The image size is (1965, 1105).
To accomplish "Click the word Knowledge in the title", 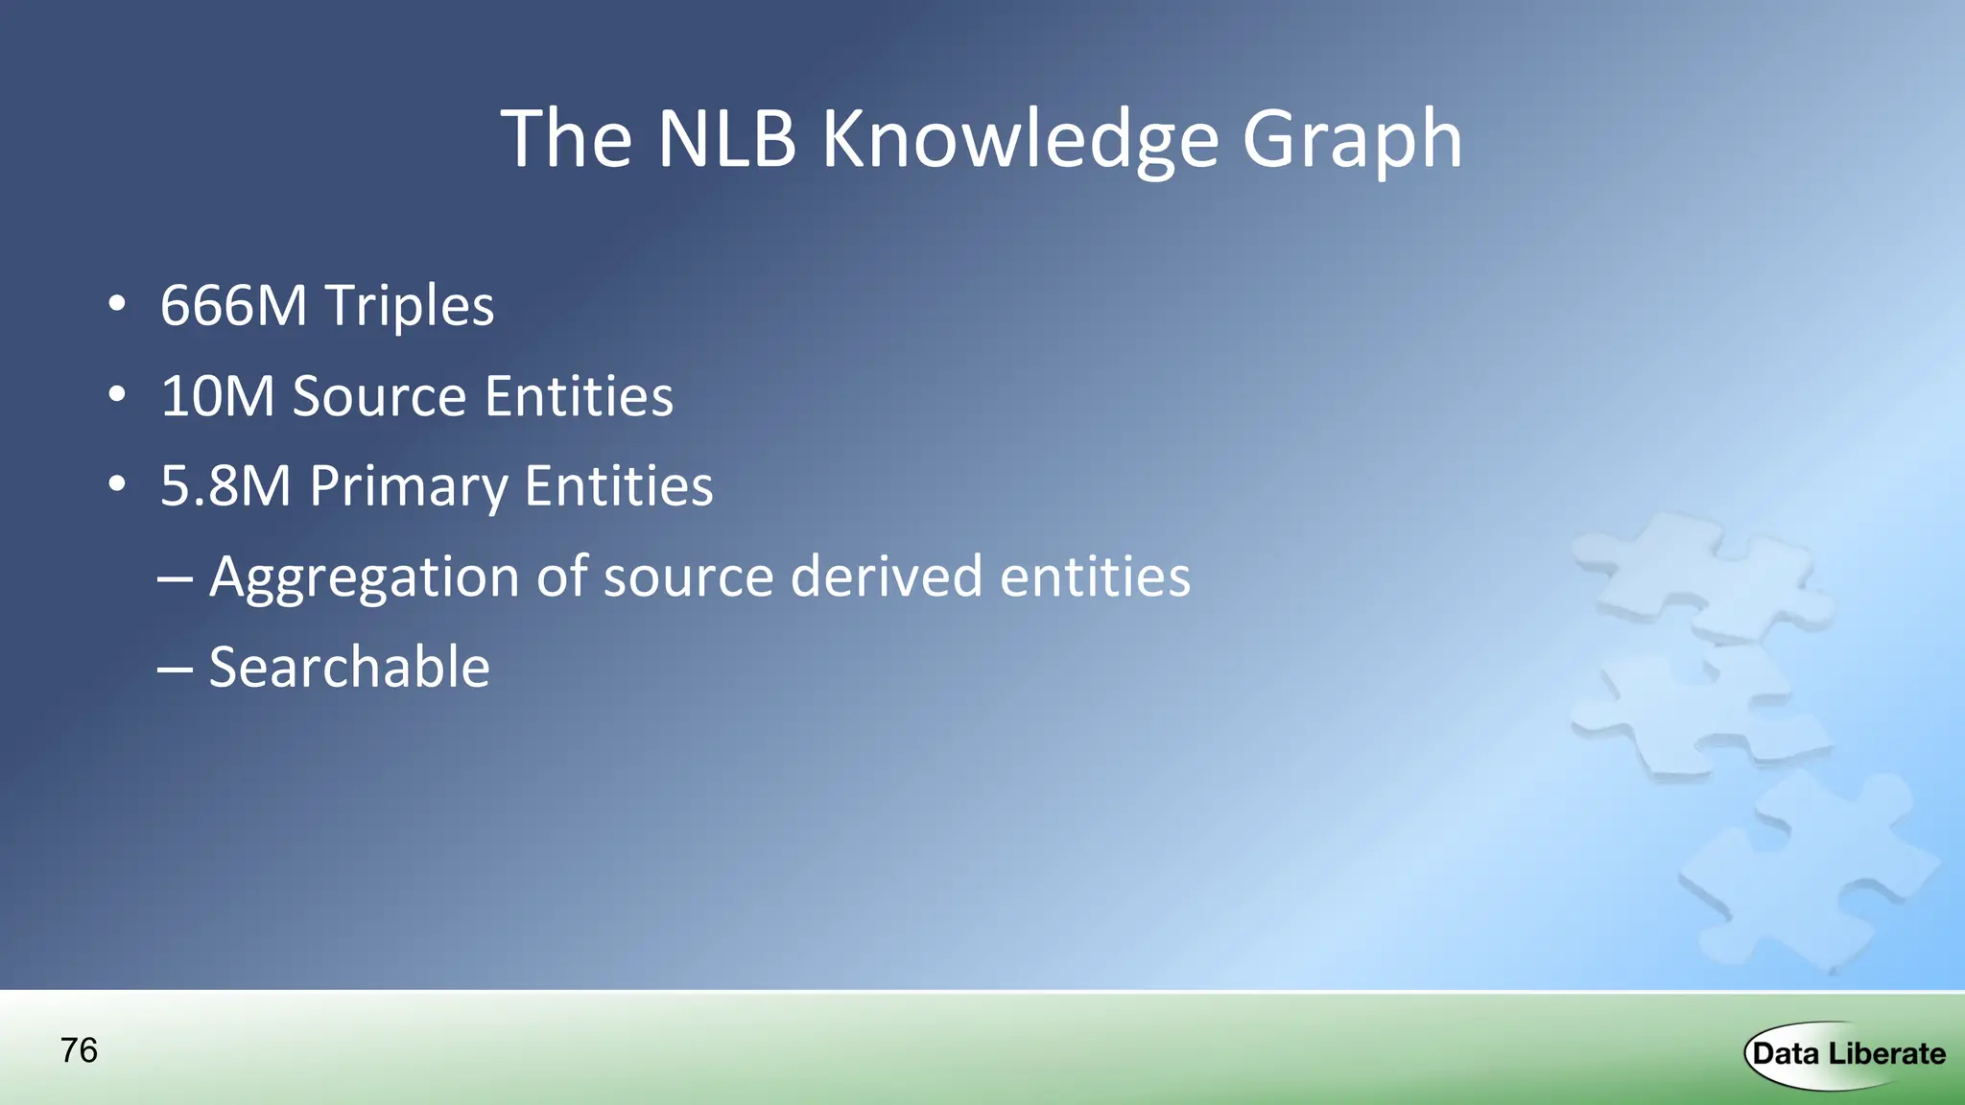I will (x=1020, y=140).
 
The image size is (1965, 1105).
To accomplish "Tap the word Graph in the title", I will (x=1352, y=140).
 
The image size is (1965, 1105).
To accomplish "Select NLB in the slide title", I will (x=726, y=140).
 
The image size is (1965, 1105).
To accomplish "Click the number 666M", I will (x=233, y=306).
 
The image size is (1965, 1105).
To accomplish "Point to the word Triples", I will (x=410, y=306).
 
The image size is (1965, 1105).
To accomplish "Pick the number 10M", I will (x=218, y=396).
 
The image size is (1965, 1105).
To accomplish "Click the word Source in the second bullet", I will (x=379, y=396).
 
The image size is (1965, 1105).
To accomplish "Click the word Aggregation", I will (x=365, y=577).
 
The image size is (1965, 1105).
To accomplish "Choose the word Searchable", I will (x=349, y=667).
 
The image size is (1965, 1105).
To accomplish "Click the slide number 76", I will (x=79, y=1050).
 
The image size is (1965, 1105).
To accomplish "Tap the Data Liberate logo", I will (x=1847, y=1054).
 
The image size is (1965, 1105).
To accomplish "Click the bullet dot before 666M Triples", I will (x=117, y=305).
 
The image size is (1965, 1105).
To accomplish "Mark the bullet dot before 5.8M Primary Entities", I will (x=117, y=484).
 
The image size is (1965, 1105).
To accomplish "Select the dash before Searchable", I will (x=175, y=668).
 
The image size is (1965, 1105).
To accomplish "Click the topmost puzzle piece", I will (x=1698, y=576).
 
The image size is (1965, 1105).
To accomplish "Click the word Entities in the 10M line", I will (x=579, y=396).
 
